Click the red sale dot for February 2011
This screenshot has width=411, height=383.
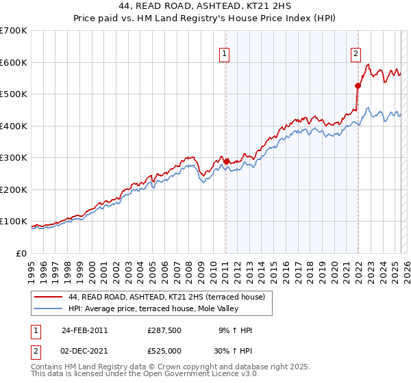point(226,162)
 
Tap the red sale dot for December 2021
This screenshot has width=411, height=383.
point(357,86)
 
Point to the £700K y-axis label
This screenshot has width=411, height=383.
point(14,31)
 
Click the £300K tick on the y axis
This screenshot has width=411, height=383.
point(14,158)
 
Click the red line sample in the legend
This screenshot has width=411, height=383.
point(48,297)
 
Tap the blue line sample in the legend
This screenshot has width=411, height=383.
point(48,308)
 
